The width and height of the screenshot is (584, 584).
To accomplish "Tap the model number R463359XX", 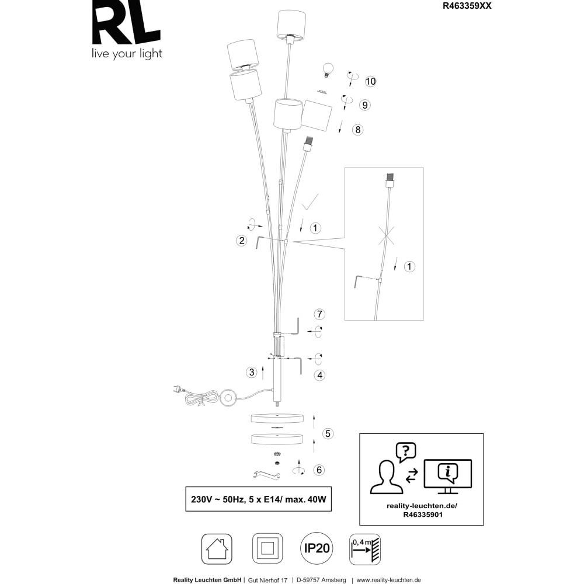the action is pos(467,6).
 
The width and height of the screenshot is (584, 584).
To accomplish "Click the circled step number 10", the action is pos(370,81).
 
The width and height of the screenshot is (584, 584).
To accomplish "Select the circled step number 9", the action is pos(365,105).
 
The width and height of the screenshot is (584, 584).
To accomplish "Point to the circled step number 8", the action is pos(358,130).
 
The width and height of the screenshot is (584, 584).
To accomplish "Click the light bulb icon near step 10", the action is pos(328,69).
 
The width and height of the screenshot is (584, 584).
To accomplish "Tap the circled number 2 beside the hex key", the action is pos(242,241).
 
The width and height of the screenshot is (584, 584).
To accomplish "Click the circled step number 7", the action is pos(319,314).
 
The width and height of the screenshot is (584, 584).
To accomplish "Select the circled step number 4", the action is pos(320,375).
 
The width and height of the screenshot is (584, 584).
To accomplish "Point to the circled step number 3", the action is pos(252,372).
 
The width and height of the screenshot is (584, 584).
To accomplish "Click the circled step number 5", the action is pos(328,433).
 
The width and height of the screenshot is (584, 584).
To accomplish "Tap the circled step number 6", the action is pos(319,470).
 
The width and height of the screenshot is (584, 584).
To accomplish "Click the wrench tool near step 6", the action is pos(266,474).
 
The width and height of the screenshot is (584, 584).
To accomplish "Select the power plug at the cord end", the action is pos(178,390).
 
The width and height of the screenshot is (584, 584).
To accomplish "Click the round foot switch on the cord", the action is pos(228,398).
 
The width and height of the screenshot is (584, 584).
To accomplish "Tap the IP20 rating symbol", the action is pos(317,548).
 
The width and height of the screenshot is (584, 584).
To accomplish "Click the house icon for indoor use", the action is pos(217,549).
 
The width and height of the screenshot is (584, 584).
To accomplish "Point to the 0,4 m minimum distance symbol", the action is pos(365,549).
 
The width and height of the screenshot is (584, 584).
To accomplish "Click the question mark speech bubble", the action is pos(406,452).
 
